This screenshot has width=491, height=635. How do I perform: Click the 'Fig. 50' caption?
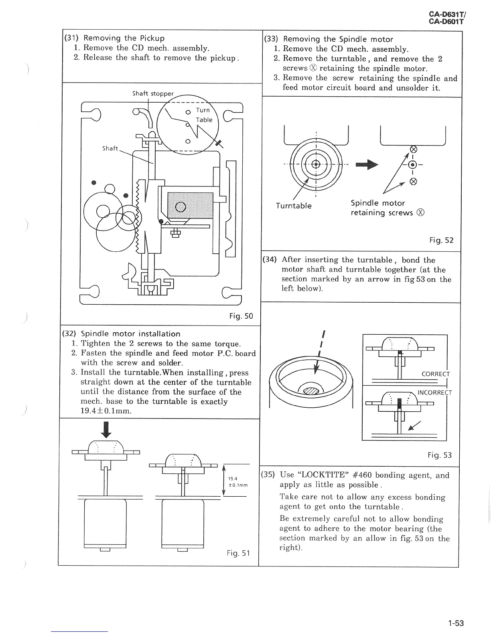(241, 316)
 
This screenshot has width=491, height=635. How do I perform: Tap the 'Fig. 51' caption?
(238, 553)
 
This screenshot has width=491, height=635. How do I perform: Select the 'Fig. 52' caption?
(441, 241)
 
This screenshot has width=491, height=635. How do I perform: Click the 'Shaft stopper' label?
(153, 94)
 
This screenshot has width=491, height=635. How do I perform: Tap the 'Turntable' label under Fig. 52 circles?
(294, 206)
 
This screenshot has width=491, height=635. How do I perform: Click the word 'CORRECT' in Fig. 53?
(436, 374)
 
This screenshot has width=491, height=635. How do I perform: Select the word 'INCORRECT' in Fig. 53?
(434, 393)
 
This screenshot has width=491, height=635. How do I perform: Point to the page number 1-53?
(456, 623)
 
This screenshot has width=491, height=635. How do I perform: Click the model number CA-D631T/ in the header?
(446, 15)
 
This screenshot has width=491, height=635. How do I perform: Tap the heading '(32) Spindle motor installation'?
(121, 334)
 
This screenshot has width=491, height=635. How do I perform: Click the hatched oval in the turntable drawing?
(313, 389)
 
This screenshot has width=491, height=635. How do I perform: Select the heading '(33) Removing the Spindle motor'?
(328, 39)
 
